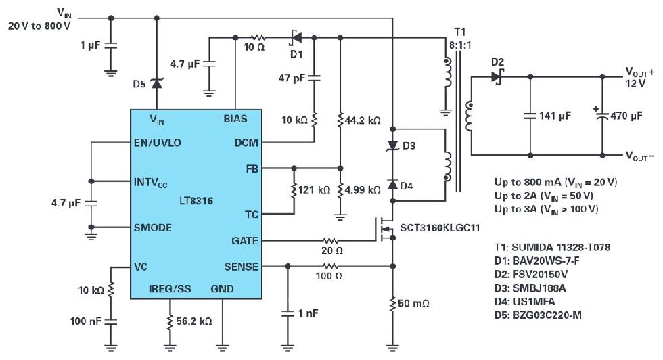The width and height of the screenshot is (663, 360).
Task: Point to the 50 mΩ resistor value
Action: pos(415,304)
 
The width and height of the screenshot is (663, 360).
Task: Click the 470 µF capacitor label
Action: pos(627,116)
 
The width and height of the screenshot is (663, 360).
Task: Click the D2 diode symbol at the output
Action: pos(498,76)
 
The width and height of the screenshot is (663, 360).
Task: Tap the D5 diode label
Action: pos(139,84)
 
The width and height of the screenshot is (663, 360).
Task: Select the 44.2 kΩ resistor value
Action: pos(363,120)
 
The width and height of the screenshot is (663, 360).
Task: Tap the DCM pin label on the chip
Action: pos(246,143)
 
